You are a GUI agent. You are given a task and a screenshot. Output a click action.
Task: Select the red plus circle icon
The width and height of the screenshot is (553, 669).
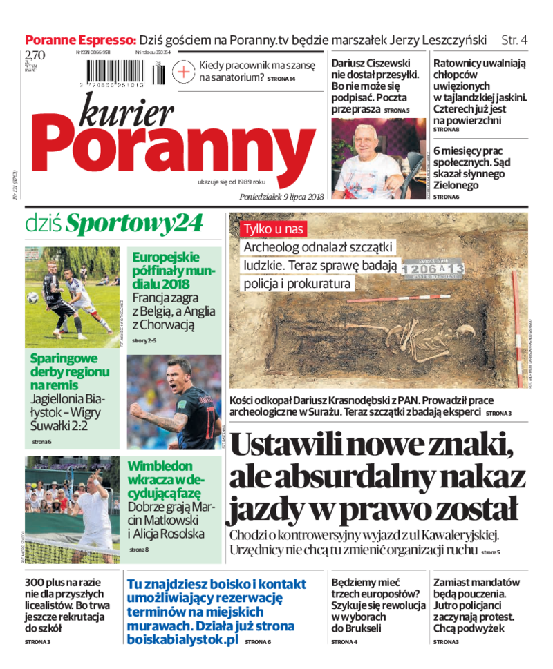[x=183, y=71]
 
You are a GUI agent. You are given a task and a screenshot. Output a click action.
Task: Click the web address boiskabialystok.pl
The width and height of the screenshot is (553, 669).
[x=182, y=640]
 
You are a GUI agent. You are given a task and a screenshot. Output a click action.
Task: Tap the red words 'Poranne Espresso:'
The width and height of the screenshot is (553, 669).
[x=80, y=39]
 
